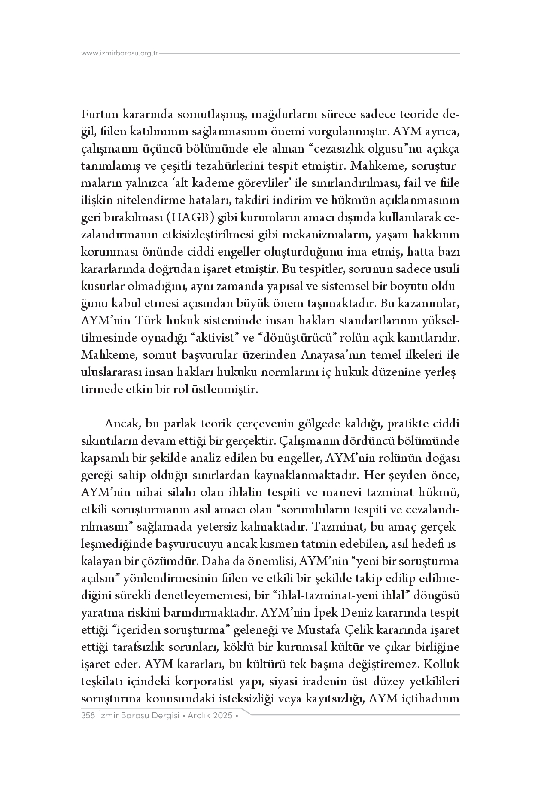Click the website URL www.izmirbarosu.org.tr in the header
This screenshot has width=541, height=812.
point(120,54)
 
